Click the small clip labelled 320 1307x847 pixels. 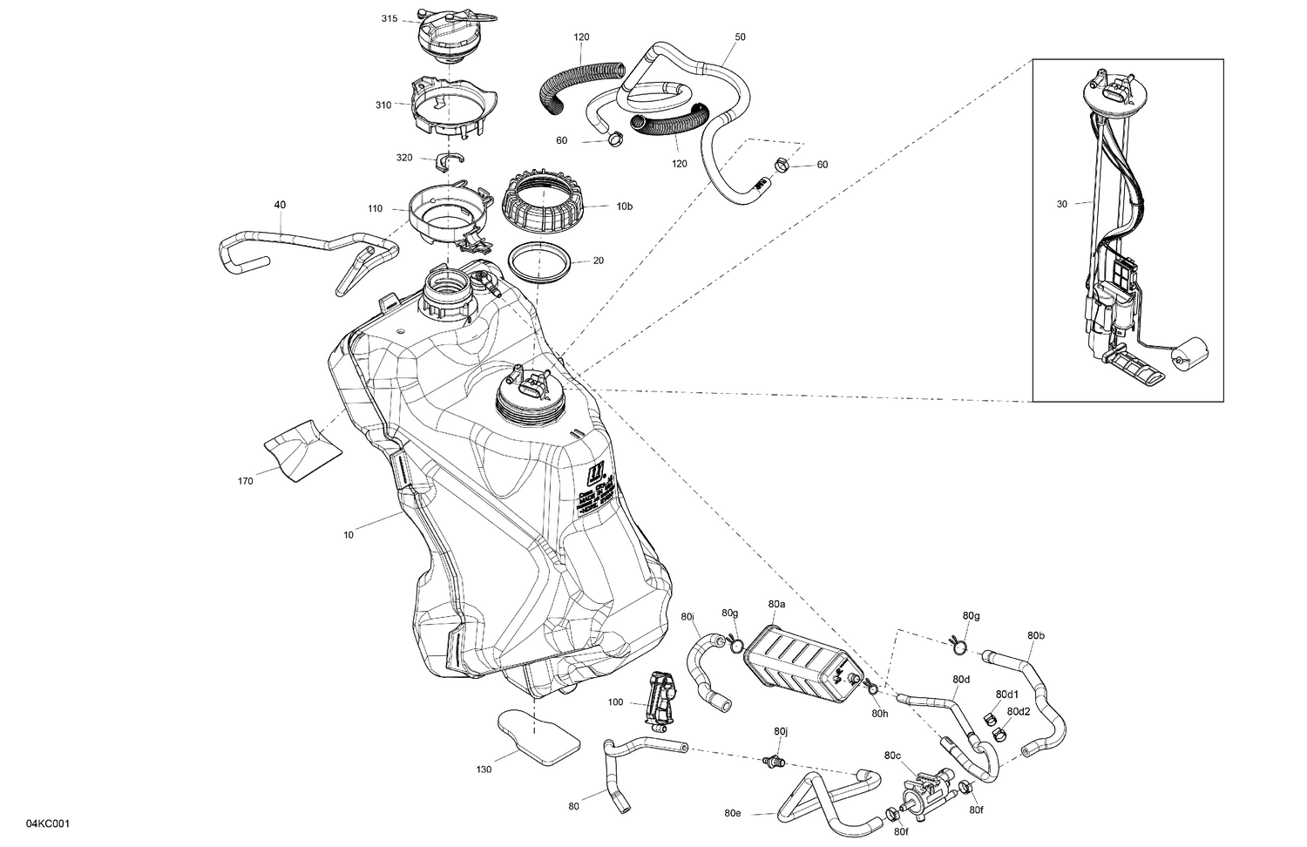[450, 159]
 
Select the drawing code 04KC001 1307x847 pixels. [48, 823]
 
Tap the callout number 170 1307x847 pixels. [245, 480]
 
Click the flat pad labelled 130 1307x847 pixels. [538, 741]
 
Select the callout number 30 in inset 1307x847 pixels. [1060, 204]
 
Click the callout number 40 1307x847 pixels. [280, 205]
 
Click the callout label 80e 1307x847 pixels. [733, 814]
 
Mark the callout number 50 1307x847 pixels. [740, 37]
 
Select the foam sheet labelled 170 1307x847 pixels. [302, 449]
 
